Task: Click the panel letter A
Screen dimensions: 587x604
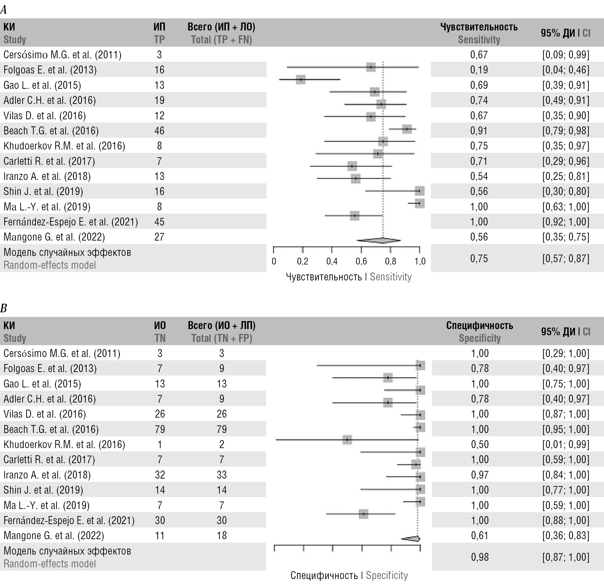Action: [x=4, y=10]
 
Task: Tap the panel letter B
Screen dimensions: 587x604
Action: [x=4, y=308]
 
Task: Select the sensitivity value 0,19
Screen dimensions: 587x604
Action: [x=479, y=70]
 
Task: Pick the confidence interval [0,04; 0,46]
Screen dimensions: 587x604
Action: [x=566, y=70]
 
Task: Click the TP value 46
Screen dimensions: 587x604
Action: [x=159, y=130]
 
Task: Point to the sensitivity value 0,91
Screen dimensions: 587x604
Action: [x=479, y=130]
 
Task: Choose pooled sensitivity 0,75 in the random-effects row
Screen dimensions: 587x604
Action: [x=479, y=258]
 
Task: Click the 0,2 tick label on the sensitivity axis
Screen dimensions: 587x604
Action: [x=302, y=261]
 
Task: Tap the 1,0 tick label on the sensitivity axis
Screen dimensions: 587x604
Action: [x=419, y=261]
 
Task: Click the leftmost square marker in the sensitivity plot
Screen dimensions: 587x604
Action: [x=300, y=79]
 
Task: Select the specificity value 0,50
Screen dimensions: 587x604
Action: [x=480, y=444]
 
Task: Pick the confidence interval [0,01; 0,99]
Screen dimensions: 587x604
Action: [x=566, y=444]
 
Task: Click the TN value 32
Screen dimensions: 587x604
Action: [x=160, y=475]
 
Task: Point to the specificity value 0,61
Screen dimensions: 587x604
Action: [x=480, y=535]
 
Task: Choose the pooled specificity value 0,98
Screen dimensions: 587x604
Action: [x=480, y=557]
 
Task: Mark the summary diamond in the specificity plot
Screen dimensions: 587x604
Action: [x=411, y=539]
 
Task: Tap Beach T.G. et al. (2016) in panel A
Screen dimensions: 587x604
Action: [x=51, y=130]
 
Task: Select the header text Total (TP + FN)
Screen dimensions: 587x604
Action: [x=221, y=40]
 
